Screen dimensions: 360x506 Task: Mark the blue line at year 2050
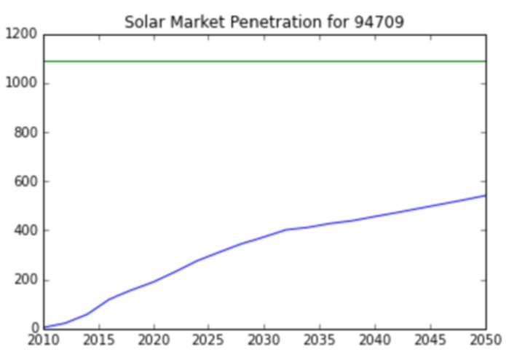[484, 195]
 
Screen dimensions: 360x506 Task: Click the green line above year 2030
[264, 61]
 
